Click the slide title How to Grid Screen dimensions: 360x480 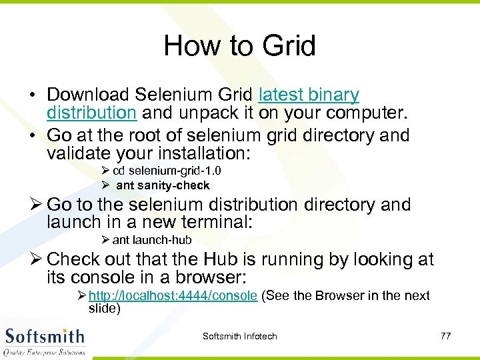[x=239, y=46]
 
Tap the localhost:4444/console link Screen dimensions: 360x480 [x=173, y=295]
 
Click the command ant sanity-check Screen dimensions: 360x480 [x=163, y=185]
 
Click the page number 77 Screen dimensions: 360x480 [x=445, y=336]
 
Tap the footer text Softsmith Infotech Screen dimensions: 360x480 [x=239, y=336]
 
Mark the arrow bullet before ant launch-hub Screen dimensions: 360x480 [x=106, y=240]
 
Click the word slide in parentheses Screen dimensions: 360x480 [x=104, y=307]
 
